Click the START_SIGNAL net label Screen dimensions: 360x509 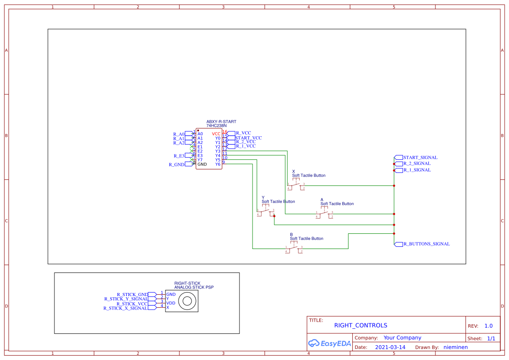tap(420, 158)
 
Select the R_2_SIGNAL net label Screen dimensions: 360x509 tap(417, 164)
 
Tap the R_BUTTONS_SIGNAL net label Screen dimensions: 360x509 tap(426, 244)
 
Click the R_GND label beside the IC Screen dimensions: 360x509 tap(176, 165)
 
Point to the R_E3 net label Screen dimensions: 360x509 tap(179, 156)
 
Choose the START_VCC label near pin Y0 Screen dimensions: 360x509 tap(248, 138)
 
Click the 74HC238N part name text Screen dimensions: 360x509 tap(216, 126)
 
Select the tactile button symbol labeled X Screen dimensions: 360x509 tap(296, 185)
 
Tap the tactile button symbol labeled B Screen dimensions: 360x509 tap(294, 249)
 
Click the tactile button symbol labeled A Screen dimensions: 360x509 tap(324, 214)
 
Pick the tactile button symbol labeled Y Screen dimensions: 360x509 tap(266, 212)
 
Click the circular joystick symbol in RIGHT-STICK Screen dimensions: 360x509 tap(188, 301)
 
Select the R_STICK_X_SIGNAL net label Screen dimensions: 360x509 tap(125, 308)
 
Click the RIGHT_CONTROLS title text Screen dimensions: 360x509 tap(361, 326)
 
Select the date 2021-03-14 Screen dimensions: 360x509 tap(390, 347)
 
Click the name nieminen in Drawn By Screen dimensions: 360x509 tap(455, 347)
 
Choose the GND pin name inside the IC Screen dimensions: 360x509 tap(202, 165)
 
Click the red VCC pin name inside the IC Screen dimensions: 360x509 tap(216, 134)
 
